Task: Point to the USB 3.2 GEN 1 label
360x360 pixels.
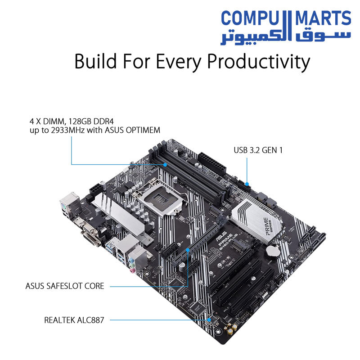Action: [258, 150]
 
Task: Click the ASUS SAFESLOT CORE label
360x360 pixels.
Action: [65, 286]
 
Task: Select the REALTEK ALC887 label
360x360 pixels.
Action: [74, 320]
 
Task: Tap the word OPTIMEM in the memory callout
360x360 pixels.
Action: [143, 130]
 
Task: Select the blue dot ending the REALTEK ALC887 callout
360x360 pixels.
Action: [210, 320]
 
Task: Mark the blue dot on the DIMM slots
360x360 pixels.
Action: [166, 164]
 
